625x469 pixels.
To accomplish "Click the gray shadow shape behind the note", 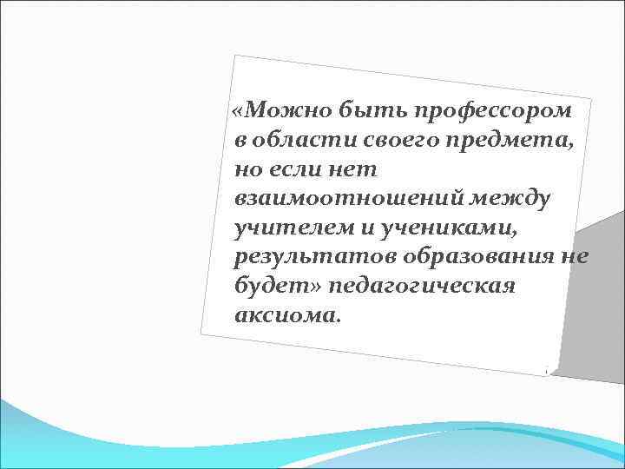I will pyautogui.click(x=590, y=295).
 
